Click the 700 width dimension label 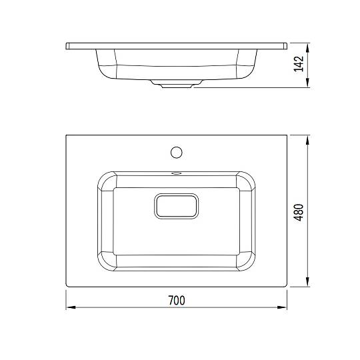(177, 300)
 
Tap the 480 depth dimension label (299, 212)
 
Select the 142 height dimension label (299, 64)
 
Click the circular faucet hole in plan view (177, 152)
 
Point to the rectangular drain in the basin (176, 206)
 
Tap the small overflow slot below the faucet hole (177, 173)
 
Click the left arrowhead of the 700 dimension (71, 307)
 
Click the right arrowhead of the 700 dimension (282, 307)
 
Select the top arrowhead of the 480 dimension (307, 140)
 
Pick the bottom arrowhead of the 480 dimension (307, 282)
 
